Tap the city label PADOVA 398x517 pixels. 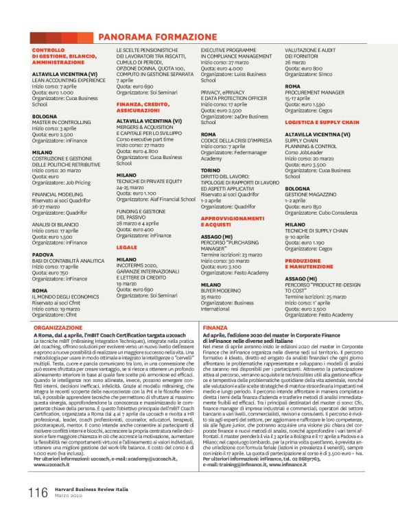pos(43,254)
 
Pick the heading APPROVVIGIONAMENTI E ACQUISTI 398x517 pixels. pos(228,221)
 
